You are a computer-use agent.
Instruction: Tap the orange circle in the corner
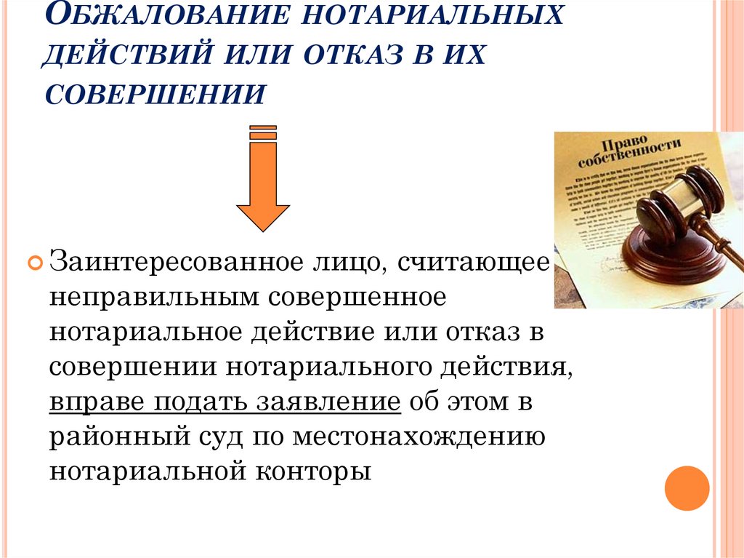687,487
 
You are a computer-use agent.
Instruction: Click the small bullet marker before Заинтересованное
35,263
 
